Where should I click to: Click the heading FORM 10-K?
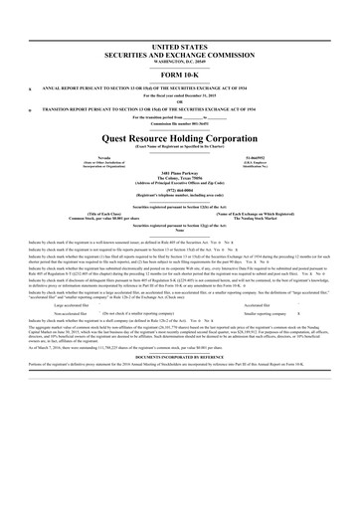[180, 77]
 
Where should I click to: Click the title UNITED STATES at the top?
[180, 47]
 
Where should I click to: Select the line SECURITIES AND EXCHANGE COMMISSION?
[180, 55]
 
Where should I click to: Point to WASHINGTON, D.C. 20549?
[180, 62]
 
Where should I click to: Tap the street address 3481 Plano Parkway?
[180, 177]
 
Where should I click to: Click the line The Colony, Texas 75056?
[180, 183]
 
